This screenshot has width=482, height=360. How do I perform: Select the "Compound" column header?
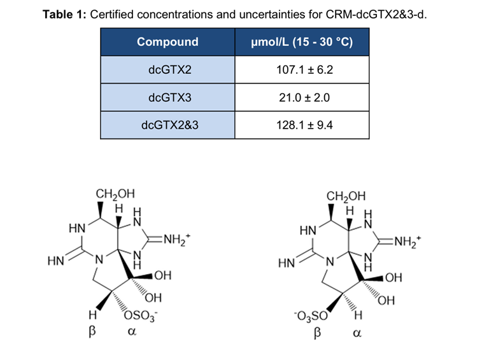(167, 42)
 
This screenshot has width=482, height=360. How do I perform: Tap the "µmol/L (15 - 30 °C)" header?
(302, 42)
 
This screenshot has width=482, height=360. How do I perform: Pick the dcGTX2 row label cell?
(167, 69)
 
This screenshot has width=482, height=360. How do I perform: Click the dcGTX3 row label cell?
(167, 97)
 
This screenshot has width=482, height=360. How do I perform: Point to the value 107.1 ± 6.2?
(302, 69)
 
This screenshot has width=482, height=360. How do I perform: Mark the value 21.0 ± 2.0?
(302, 97)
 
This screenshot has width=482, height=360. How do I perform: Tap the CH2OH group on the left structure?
(115, 193)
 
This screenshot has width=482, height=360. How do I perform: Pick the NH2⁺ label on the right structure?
(408, 241)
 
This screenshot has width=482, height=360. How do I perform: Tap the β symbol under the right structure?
(317, 333)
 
